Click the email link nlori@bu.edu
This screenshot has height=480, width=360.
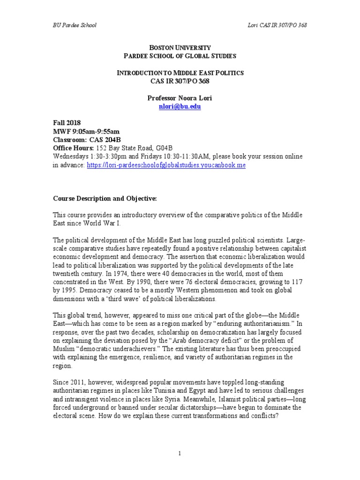pyautogui.click(x=180, y=106)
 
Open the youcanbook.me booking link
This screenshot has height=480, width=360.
pyautogui.click(x=166, y=165)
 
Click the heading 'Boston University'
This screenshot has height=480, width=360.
pyautogui.click(x=180, y=48)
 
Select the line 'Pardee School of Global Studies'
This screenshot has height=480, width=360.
pyautogui.click(x=180, y=56)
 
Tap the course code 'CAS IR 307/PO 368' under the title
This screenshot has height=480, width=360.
pyautogui.click(x=180, y=81)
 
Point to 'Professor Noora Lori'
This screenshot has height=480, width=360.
pyautogui.click(x=180, y=98)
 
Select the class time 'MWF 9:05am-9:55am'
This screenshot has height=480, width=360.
pyautogui.click(x=86, y=131)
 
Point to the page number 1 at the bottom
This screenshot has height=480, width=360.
pyautogui.click(x=180, y=453)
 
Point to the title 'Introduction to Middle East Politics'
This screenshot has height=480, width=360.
pyautogui.click(x=180, y=73)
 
